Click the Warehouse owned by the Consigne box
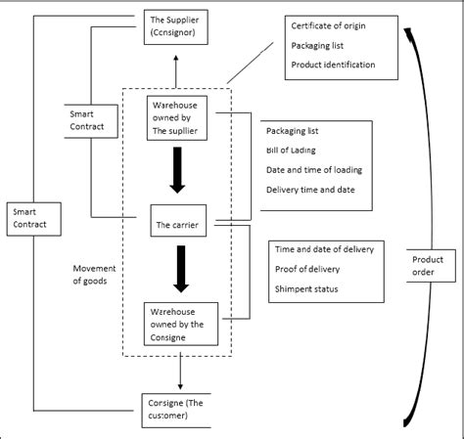pyautogui.click(x=179, y=323)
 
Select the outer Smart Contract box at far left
pyautogui.click(x=33, y=218)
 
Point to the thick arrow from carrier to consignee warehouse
pyautogui.click(x=178, y=270)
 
